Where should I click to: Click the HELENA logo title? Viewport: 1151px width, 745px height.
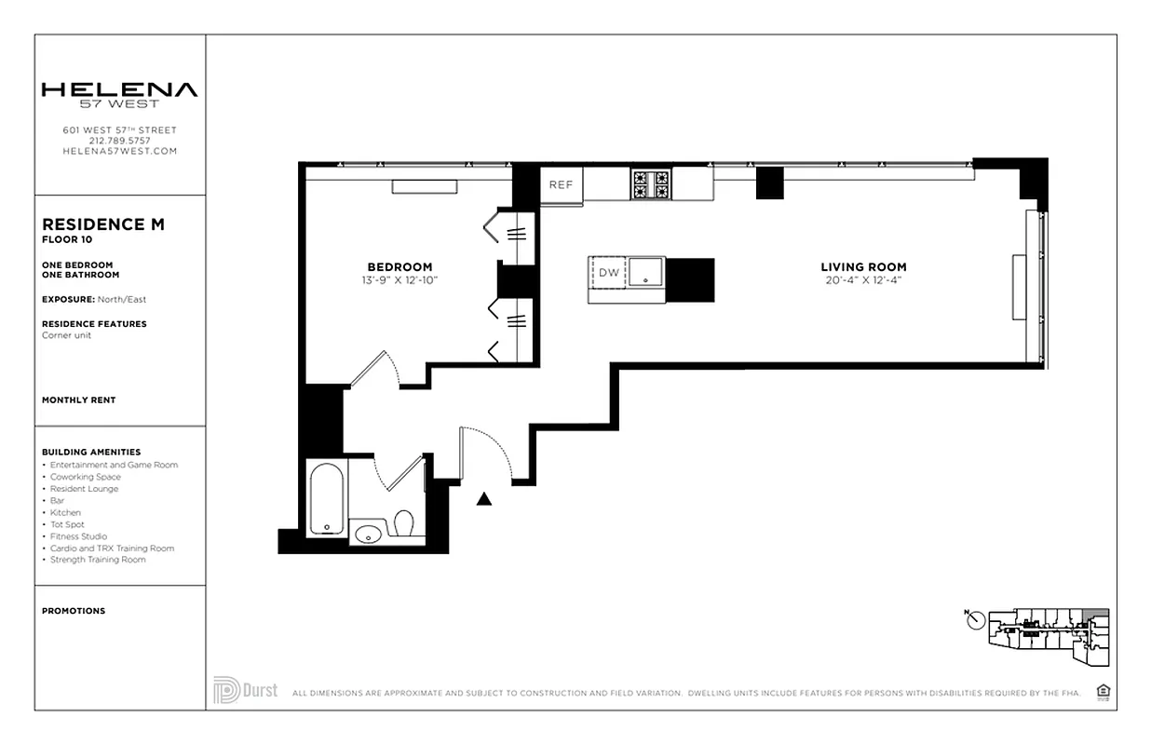pyautogui.click(x=119, y=90)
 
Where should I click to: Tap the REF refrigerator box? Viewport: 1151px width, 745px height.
pyautogui.click(x=561, y=184)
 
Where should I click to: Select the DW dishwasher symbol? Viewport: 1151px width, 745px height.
pyautogui.click(x=608, y=273)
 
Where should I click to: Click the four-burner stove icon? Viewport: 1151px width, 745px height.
pyautogui.click(x=651, y=183)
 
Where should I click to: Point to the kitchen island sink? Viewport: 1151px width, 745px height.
pyautogui.click(x=644, y=273)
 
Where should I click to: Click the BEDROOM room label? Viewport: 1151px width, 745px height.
pyautogui.click(x=399, y=267)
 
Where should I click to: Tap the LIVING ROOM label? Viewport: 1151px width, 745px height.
pyautogui.click(x=862, y=267)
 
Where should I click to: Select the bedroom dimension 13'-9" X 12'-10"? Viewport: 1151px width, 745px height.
pyautogui.click(x=399, y=280)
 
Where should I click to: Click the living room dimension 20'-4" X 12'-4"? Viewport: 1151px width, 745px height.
pyautogui.click(x=862, y=280)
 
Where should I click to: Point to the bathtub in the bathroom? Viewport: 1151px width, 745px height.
pyautogui.click(x=328, y=500)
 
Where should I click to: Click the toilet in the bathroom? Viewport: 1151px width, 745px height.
pyautogui.click(x=403, y=524)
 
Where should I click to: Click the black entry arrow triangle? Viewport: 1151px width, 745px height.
pyautogui.click(x=483, y=499)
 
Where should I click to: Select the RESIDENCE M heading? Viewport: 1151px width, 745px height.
pyautogui.click(x=103, y=224)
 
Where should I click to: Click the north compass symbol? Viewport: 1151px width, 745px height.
pyautogui.click(x=975, y=619)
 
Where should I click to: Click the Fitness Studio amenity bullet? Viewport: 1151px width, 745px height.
pyautogui.click(x=79, y=536)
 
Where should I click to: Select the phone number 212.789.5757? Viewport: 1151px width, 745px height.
pyautogui.click(x=119, y=141)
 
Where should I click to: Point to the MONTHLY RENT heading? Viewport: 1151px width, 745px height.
pyautogui.click(x=79, y=400)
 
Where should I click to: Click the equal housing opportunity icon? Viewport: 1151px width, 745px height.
pyautogui.click(x=1104, y=691)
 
